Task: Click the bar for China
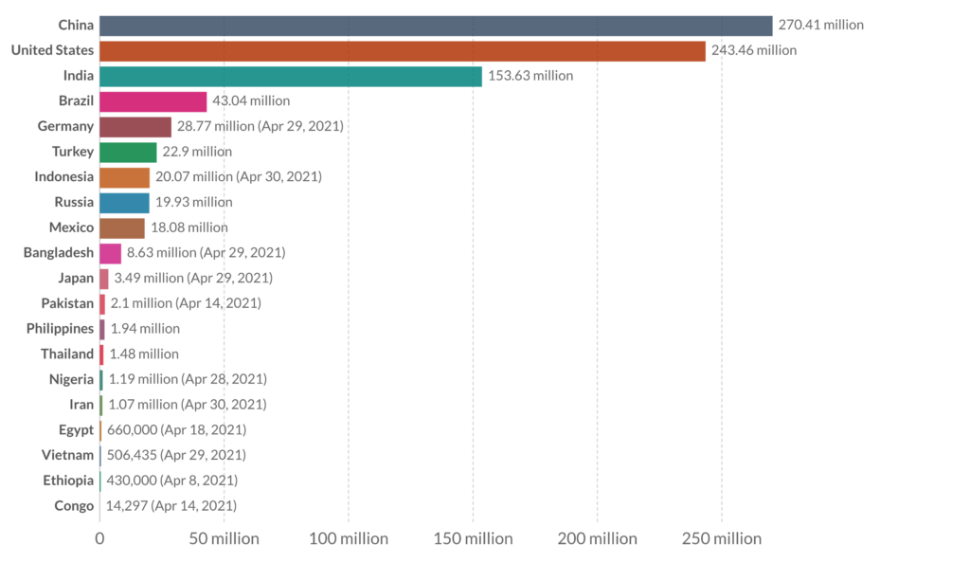(436, 26)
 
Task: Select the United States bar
(402, 50)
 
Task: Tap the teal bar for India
(290, 76)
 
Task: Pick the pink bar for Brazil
(153, 101)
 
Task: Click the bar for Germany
(135, 126)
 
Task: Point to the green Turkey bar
(128, 152)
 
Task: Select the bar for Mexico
(122, 227)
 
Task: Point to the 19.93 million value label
(193, 202)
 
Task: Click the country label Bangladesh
(59, 252)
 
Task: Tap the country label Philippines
(61, 328)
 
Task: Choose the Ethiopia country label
(68, 480)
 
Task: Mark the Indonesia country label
(64, 176)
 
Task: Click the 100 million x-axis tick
(349, 538)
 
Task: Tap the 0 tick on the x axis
(99, 538)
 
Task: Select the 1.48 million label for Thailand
(144, 354)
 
